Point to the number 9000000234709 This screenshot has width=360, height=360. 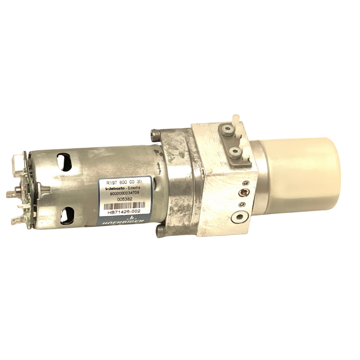122,196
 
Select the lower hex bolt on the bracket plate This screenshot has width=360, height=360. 234,151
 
